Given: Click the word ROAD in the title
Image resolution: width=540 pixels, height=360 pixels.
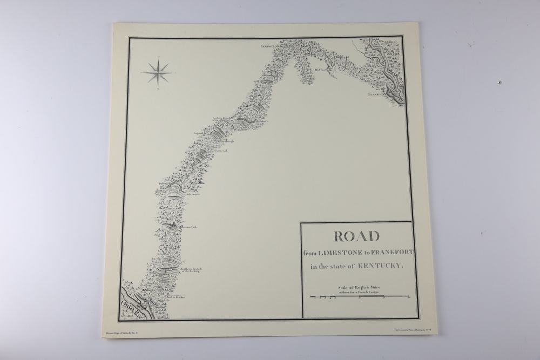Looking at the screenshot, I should (x=356, y=238).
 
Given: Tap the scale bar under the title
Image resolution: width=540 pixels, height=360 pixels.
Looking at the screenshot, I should (x=359, y=297).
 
